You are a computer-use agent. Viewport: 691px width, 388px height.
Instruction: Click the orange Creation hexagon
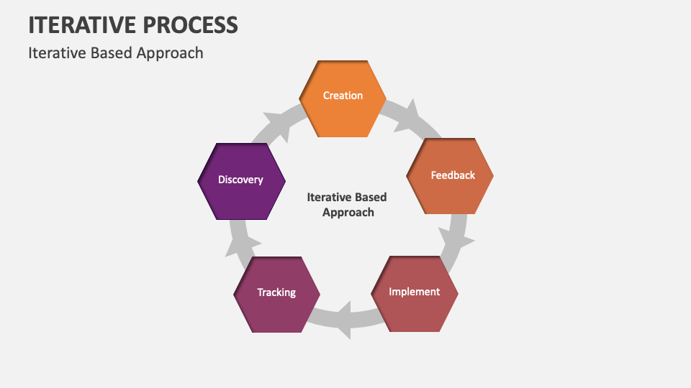[x=343, y=98]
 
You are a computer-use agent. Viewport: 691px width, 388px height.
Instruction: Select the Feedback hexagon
[x=451, y=176]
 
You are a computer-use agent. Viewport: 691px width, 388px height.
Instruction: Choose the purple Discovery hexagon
[x=241, y=180]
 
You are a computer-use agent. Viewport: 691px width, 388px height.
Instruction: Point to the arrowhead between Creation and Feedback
[x=409, y=115]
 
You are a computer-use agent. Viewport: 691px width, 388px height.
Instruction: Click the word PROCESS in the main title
[x=193, y=25]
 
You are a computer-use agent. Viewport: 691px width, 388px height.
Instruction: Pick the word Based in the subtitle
[x=114, y=53]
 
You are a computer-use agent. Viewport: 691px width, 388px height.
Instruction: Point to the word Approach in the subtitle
[x=173, y=53]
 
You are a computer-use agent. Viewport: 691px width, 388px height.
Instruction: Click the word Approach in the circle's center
[x=348, y=213]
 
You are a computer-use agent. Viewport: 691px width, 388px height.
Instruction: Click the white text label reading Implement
[x=415, y=292]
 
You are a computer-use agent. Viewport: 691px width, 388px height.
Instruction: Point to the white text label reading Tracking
[x=277, y=292]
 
